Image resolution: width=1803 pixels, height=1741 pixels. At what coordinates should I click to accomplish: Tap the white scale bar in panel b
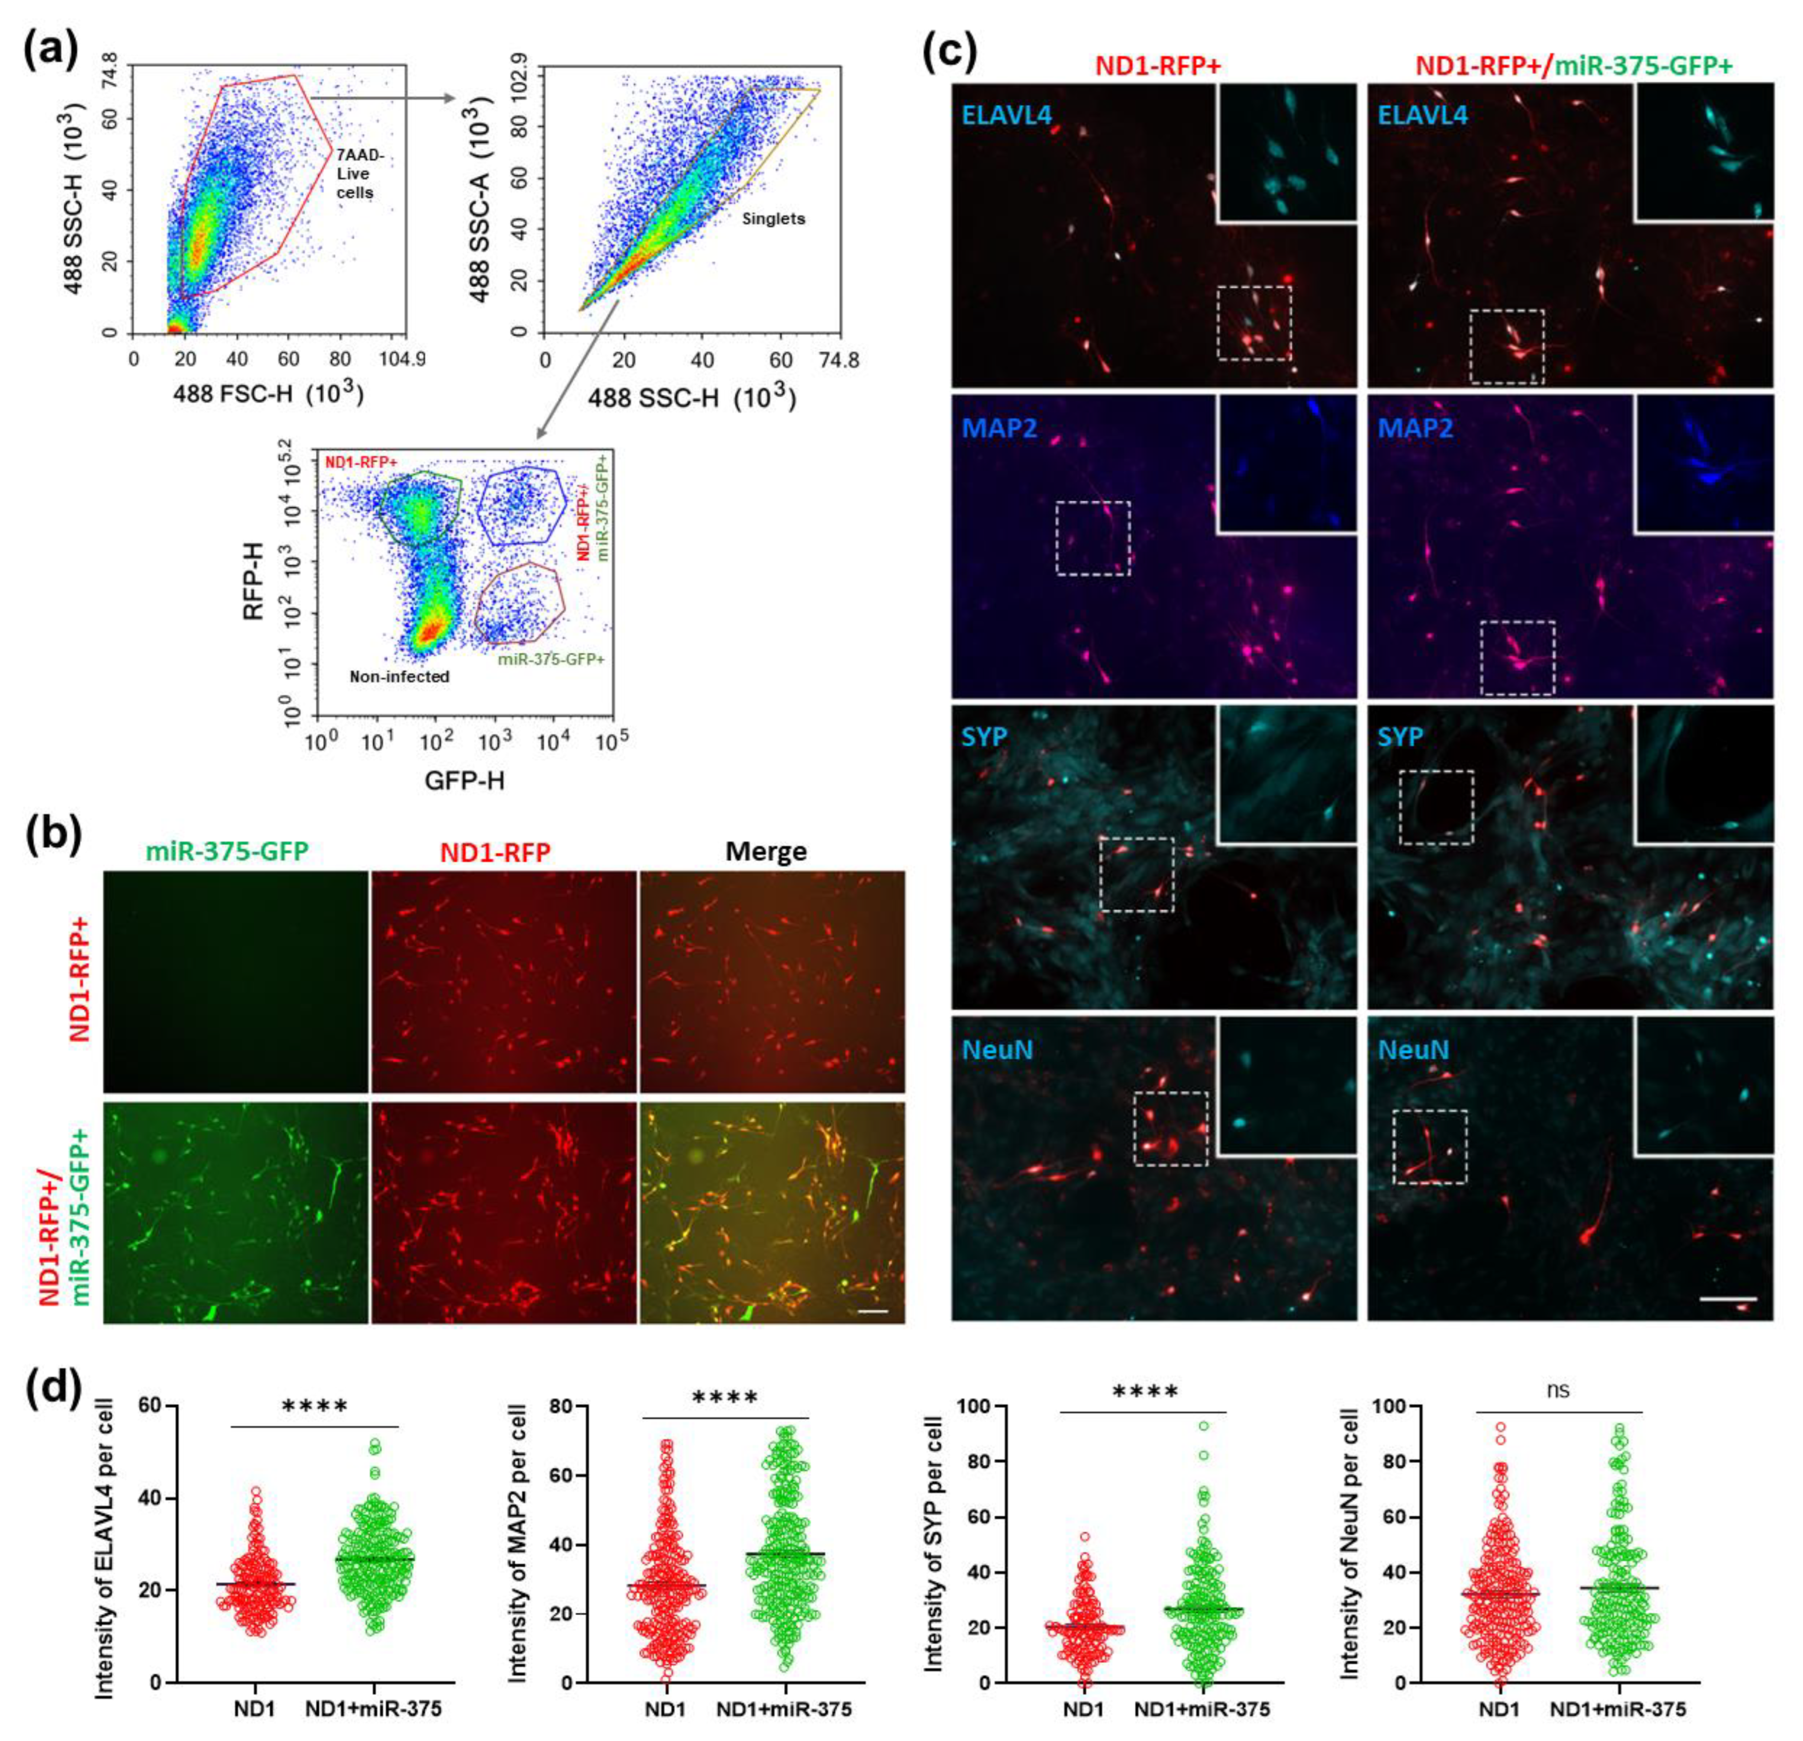click(873, 1311)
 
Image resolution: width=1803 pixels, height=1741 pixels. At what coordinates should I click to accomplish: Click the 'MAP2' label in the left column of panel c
click(999, 427)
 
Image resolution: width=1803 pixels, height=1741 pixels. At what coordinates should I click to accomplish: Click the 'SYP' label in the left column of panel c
click(985, 737)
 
